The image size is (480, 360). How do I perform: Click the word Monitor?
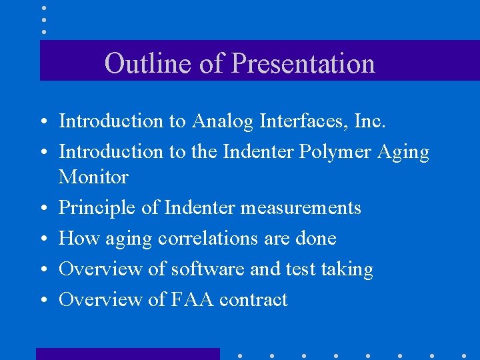pos(93,177)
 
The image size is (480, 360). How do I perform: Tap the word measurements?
pos(301,208)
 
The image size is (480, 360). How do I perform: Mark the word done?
pos(314,238)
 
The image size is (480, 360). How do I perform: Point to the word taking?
pos(346,269)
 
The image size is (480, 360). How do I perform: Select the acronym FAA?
pos(193,299)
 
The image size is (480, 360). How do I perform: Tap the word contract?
pos(253,299)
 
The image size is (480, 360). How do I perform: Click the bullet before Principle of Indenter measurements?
pos(42,209)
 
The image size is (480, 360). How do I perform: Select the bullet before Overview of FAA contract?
pos(42,300)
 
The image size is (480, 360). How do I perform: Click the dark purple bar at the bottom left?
pos(127,353)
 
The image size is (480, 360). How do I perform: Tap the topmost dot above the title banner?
pos(43,8)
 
